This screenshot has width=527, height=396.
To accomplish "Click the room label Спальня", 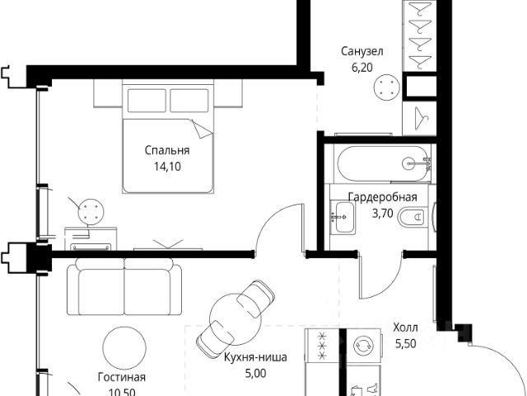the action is tap(167, 150).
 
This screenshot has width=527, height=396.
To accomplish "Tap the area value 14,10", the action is tap(167, 167).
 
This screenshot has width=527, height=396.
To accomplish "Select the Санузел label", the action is tap(362, 51).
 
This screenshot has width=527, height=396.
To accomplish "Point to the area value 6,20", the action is tap(362, 68).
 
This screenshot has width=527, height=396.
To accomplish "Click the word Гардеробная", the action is tap(382, 197).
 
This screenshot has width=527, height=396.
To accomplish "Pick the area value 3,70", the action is tap(382, 213).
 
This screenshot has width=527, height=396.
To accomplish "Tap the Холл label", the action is tap(406, 328).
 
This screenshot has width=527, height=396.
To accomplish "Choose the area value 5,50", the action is tap(406, 343).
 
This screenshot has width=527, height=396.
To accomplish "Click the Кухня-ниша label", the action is tap(255, 357).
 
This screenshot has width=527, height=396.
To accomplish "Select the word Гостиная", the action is tap(122, 377).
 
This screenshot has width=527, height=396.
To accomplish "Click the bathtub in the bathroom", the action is tap(383, 164).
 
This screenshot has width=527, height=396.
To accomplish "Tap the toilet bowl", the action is tap(413, 216).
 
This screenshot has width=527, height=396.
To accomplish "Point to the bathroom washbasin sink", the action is tap(343, 217).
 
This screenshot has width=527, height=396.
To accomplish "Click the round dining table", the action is tap(236, 319).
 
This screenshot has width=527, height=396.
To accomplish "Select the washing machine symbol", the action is tap(363, 346).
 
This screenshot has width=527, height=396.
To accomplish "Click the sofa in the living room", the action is tap(124, 286).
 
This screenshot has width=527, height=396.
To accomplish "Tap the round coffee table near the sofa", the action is tap(124, 348).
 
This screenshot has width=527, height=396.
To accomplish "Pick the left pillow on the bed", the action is tap(147, 101).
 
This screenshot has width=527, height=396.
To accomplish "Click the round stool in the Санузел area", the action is tap(387, 87).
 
